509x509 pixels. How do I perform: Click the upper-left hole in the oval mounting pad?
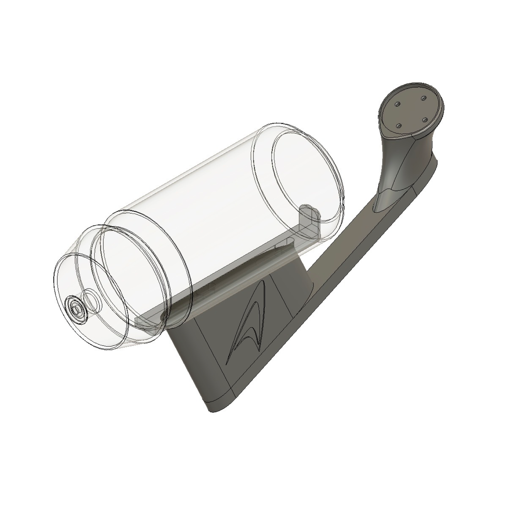[398, 103]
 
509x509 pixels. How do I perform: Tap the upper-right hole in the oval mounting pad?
[423, 98]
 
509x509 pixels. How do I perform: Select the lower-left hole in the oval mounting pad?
[399, 126]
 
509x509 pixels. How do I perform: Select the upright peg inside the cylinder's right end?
[310, 217]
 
